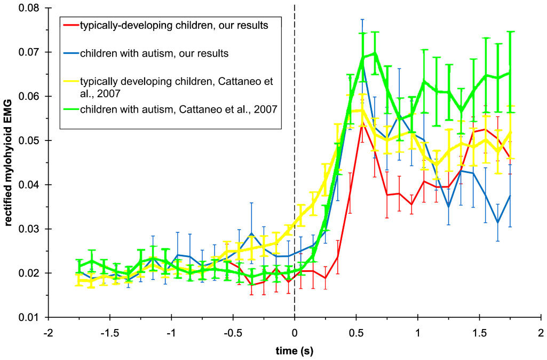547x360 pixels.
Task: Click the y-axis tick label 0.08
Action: point(30,9)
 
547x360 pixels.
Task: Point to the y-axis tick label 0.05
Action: point(30,140)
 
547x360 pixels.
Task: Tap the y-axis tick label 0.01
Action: point(30,317)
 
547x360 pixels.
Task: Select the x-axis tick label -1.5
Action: point(109,332)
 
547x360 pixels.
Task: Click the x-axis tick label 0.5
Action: point(356,332)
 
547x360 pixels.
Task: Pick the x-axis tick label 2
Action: point(541,332)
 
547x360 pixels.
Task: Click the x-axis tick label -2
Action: point(48,332)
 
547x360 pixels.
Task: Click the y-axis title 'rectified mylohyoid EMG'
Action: point(9,163)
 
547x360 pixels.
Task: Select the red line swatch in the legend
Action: point(70,25)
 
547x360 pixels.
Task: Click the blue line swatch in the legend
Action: point(70,53)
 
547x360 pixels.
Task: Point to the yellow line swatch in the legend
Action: point(70,82)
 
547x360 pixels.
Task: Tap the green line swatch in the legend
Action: point(70,110)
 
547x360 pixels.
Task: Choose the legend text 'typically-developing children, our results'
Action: point(173,25)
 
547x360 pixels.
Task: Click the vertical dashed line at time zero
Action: point(295,160)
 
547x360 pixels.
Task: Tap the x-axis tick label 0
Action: point(295,332)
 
